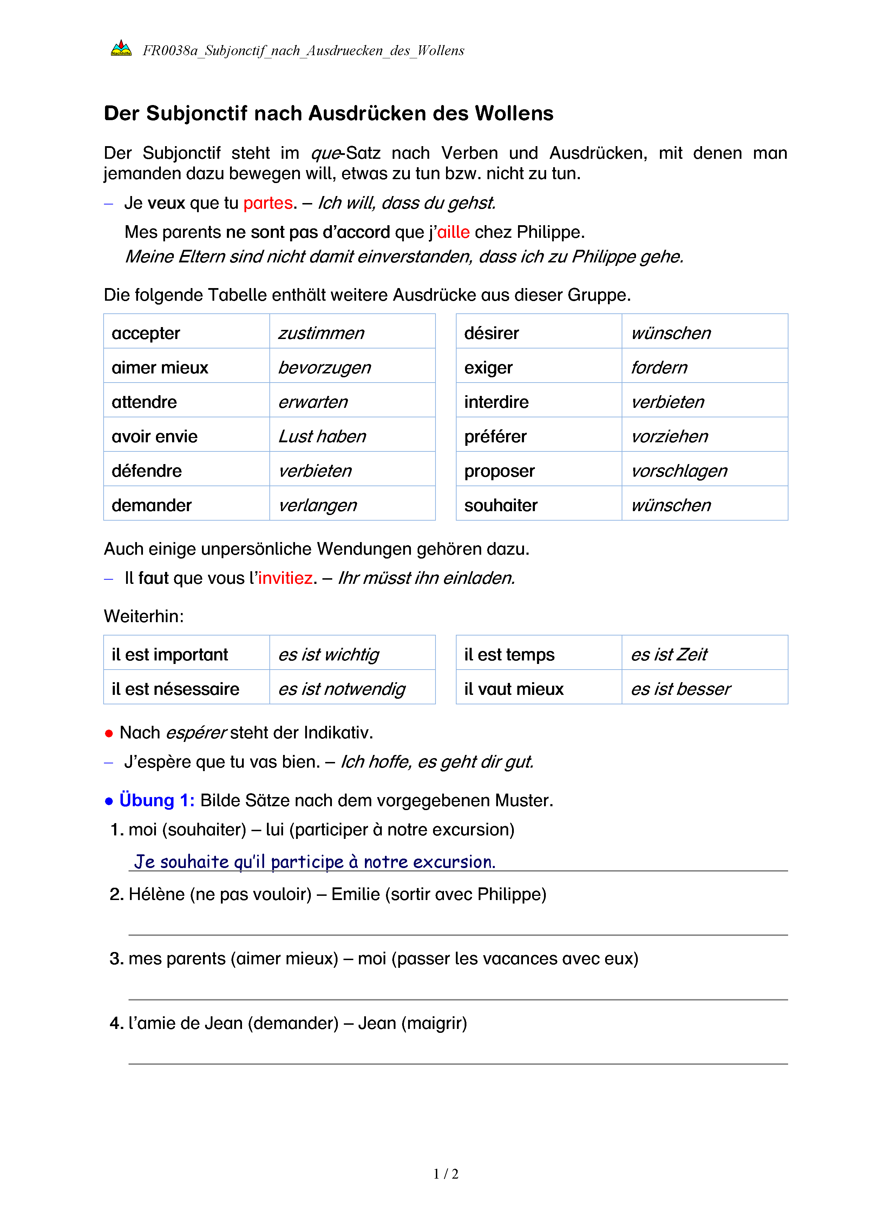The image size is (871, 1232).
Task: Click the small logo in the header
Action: [x=121, y=49]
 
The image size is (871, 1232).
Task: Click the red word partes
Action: [x=268, y=203]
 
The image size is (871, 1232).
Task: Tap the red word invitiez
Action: [x=285, y=578]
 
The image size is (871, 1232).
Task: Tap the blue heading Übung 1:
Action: [x=157, y=800]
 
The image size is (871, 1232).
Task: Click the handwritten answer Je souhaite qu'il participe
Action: [x=314, y=861]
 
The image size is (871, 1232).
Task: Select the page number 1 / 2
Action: [x=446, y=1174]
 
